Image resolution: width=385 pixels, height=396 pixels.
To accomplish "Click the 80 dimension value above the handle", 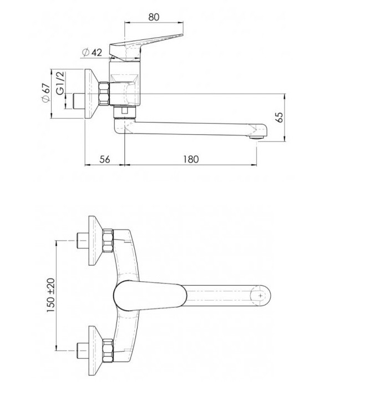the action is [154, 17].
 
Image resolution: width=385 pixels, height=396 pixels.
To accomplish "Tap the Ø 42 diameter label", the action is [92, 53].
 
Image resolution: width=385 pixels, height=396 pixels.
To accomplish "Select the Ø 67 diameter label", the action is [45, 93].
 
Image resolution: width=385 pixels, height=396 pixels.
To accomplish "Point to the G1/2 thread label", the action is [60, 83].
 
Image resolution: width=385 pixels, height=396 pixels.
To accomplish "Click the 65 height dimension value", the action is [280, 117].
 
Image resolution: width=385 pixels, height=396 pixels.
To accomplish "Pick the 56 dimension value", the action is [105, 159].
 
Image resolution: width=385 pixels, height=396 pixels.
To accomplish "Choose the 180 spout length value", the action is [191, 159].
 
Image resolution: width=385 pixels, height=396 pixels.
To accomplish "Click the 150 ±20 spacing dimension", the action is [51, 295].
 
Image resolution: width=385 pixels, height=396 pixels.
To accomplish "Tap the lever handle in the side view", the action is [146, 47].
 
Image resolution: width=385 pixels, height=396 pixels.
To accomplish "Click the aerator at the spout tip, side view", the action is [256, 138].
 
